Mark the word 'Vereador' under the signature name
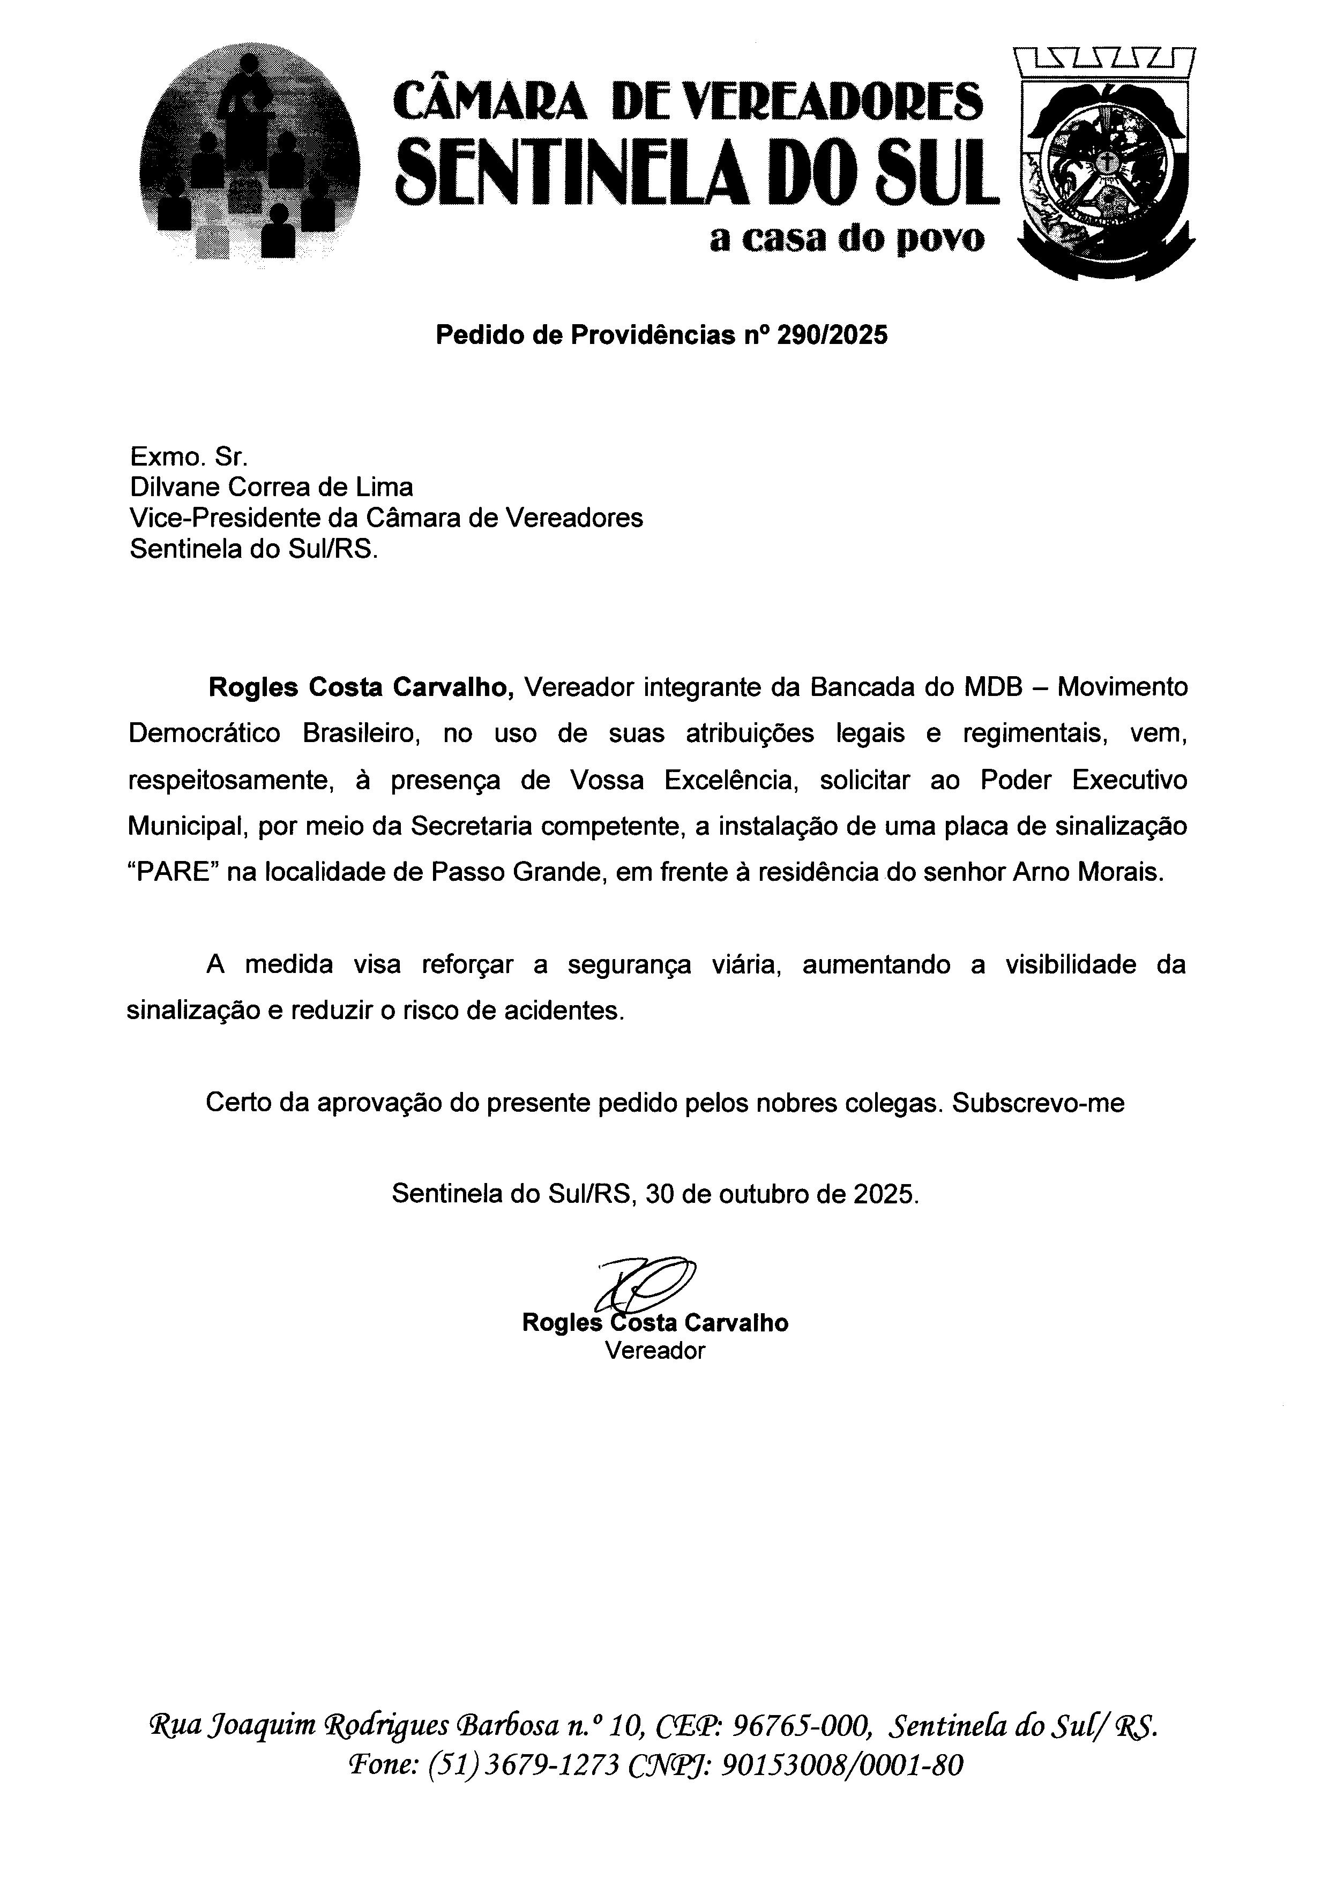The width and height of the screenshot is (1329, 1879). [655, 1350]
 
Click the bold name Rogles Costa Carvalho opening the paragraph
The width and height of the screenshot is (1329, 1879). [361, 687]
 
